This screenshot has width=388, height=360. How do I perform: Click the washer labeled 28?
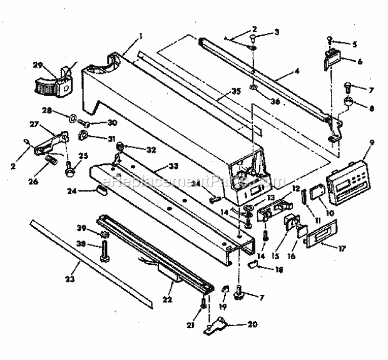(73, 116)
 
